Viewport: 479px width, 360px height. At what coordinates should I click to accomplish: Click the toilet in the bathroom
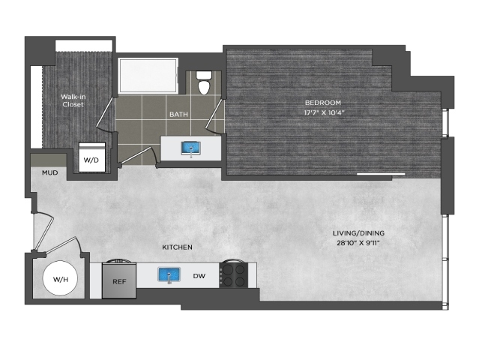[204, 82]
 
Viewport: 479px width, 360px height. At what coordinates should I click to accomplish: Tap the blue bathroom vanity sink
[190, 148]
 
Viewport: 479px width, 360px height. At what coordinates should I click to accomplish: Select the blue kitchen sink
[169, 274]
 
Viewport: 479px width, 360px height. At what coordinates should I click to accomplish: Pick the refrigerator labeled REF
[119, 280]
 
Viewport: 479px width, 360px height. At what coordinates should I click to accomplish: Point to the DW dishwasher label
[199, 276]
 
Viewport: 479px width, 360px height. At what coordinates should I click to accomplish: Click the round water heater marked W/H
[60, 278]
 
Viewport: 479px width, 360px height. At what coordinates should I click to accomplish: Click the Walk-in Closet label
[73, 100]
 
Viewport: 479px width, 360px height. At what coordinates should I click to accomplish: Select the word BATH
[178, 114]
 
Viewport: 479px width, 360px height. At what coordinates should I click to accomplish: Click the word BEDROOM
[323, 103]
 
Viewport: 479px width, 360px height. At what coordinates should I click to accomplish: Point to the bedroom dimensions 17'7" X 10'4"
[324, 112]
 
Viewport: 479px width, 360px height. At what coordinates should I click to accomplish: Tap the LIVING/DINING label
[358, 233]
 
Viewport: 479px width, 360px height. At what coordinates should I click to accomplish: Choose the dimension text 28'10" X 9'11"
[358, 243]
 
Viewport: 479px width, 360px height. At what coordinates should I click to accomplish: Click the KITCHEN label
[177, 247]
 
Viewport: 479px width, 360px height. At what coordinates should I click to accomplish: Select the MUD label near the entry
[49, 173]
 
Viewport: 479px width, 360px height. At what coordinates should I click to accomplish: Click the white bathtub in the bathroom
[148, 76]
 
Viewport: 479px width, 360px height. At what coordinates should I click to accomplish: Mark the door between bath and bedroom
[214, 114]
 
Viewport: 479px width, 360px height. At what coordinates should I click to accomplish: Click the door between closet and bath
[106, 112]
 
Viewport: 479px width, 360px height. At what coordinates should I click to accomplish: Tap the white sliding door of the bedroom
[381, 174]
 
